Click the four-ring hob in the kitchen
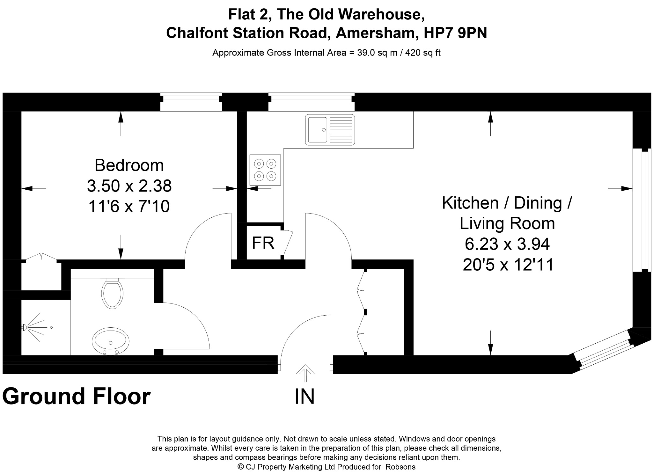click(x=265, y=170)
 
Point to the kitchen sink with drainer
click(x=330, y=130)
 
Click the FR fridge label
click(x=263, y=243)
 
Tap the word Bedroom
click(x=129, y=165)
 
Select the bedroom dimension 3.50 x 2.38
click(x=129, y=186)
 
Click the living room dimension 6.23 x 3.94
click(x=507, y=244)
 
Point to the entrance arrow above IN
click(x=305, y=373)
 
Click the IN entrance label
click(x=305, y=396)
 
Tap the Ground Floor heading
click(x=77, y=396)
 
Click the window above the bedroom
click(x=191, y=102)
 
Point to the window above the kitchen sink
click(x=311, y=102)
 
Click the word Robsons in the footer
click(x=400, y=467)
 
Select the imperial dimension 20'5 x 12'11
click(x=508, y=265)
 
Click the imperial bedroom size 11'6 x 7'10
click(x=129, y=207)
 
